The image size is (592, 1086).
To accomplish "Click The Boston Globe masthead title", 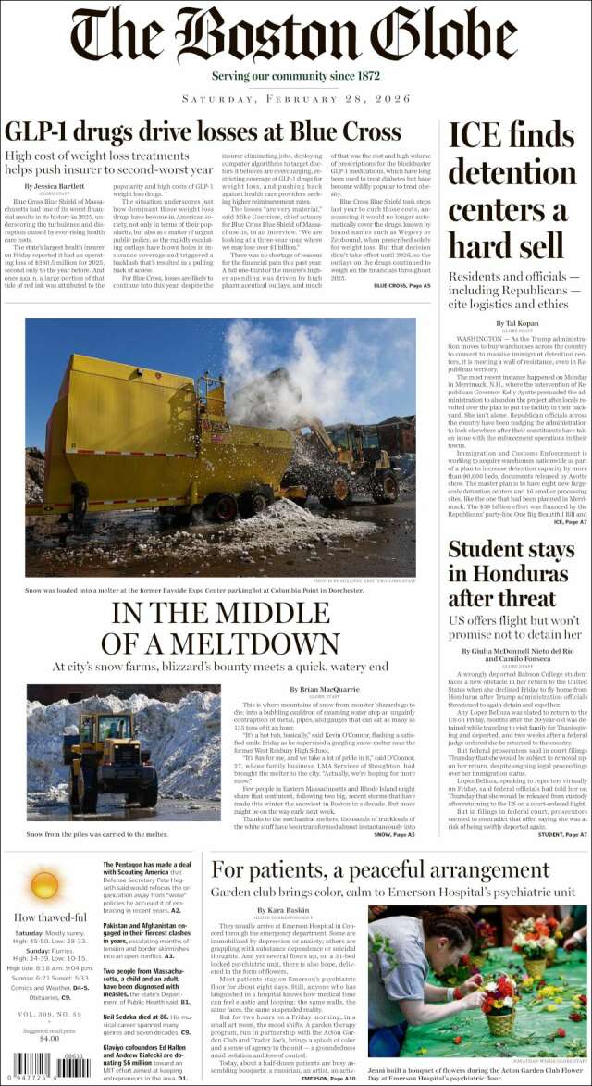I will tap(294, 34).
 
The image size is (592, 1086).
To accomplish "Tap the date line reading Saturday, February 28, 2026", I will tap(295, 98).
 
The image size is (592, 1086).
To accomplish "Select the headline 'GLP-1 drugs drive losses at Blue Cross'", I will tap(203, 131).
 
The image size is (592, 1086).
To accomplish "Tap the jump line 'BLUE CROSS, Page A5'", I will tap(401, 286).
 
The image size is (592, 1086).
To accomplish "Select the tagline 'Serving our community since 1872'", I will tap(294, 75).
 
